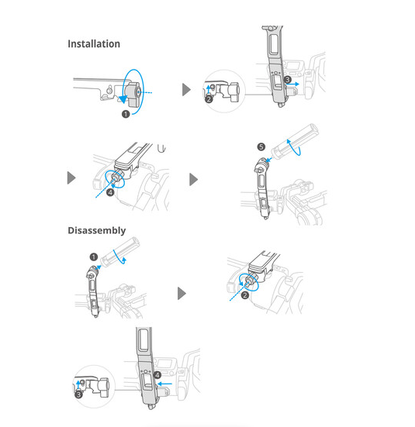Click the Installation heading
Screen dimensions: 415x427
(94, 44)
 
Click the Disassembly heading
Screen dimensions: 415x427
(97, 231)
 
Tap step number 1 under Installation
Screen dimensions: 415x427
(126, 114)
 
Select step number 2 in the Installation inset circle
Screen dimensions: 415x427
(209, 99)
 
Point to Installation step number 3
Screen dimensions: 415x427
(287, 80)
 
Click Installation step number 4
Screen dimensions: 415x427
(110, 192)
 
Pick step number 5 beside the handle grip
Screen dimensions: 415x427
(261, 146)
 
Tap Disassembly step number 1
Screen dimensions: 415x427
(94, 257)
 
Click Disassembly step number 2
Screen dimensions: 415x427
(245, 295)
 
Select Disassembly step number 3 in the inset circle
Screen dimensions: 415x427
(78, 394)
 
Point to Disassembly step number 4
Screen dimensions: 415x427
(157, 375)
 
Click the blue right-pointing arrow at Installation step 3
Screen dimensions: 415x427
(292, 84)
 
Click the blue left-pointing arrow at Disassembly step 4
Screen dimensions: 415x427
(164, 384)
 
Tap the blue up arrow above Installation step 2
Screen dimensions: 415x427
(209, 90)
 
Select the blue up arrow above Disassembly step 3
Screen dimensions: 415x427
(78, 385)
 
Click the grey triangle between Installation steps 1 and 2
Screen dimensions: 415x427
(186, 90)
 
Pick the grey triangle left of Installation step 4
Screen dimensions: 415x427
(71, 177)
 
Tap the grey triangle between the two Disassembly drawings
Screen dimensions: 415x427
(182, 293)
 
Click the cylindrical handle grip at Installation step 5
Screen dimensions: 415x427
(295, 141)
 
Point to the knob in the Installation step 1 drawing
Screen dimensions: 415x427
(133, 93)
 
